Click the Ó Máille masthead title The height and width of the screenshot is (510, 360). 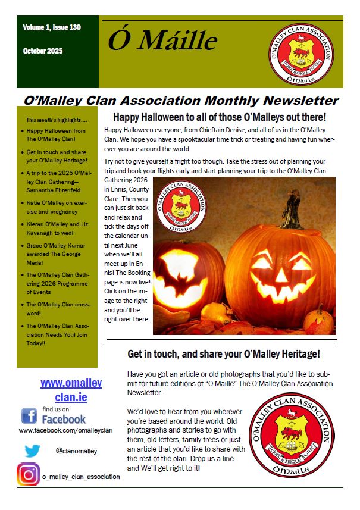pos(162,40)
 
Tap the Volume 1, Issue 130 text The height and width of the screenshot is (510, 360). pos(52,27)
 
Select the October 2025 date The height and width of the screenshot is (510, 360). pos(43,51)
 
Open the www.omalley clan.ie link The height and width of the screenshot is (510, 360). pos(71,390)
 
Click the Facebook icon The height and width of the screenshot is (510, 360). pos(29,416)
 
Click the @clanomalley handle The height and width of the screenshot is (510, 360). pos(76,451)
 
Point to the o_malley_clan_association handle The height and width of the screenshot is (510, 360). pos(81,476)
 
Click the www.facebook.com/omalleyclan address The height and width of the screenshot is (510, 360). pos(65,430)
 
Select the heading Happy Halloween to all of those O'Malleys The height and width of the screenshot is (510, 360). pos(220,117)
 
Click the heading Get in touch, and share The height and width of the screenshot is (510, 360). pos(224,354)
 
